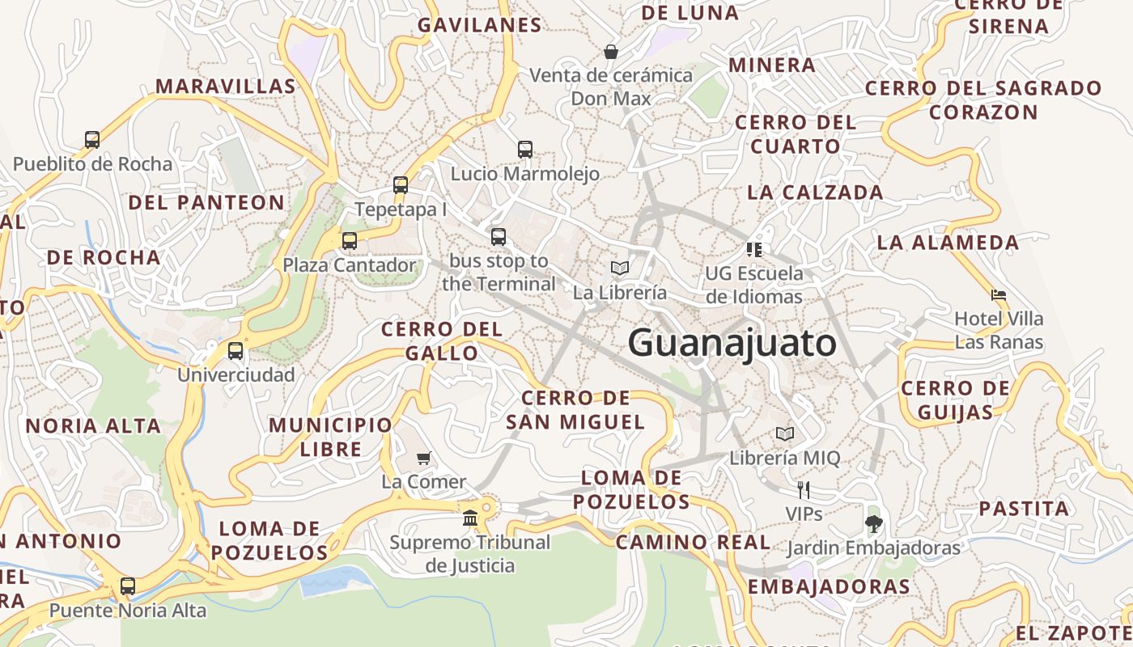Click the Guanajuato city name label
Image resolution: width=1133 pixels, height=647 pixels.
click(732, 343)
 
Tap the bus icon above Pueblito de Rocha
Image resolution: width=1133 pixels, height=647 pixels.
click(92, 140)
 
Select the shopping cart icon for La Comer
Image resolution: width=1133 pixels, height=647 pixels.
click(423, 459)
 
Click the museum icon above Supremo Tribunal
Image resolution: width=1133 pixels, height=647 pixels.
click(469, 518)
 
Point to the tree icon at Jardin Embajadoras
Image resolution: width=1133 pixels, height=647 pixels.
click(873, 524)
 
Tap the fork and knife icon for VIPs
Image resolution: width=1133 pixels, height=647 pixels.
click(803, 490)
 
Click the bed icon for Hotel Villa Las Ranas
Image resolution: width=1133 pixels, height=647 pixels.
click(999, 295)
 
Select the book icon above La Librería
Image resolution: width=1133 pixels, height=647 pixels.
click(620, 269)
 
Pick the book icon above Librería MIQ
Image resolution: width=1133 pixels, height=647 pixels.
click(784, 434)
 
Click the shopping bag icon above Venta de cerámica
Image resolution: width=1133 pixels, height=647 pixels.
click(611, 52)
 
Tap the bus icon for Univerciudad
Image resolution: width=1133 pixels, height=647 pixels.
click(236, 351)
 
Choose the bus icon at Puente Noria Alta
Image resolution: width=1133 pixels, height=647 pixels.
click(128, 586)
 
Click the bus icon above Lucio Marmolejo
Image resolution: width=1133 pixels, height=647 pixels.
click(525, 150)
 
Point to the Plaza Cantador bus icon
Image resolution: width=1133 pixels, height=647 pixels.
click(350, 241)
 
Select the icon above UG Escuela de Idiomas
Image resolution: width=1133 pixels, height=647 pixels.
click(754, 249)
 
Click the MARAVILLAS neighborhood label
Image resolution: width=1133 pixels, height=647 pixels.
click(225, 87)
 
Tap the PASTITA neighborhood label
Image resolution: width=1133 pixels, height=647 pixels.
click(1024, 509)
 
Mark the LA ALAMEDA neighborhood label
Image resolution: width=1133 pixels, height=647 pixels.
click(948, 242)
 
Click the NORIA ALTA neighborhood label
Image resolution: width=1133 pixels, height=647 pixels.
click(93, 426)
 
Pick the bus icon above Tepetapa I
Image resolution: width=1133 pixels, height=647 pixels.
click(401, 185)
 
